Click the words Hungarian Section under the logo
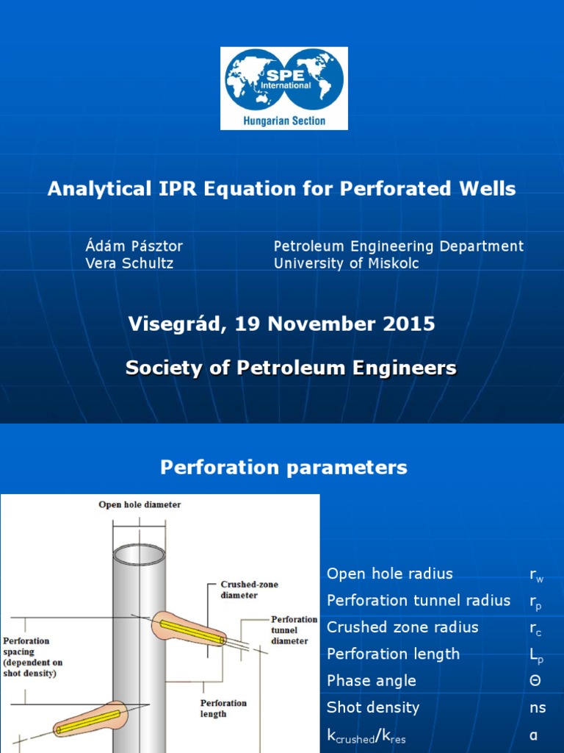tap(283, 121)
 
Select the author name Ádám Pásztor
tap(134, 246)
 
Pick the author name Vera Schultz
tap(129, 263)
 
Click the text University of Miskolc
tap(347, 263)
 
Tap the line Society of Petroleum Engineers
tap(291, 368)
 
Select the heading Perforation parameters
tap(283, 467)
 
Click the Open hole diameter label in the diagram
tap(140, 504)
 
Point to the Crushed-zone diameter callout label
tap(239, 590)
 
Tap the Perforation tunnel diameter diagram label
tap(294, 630)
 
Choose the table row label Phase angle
tap(371, 681)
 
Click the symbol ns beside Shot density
tap(538, 707)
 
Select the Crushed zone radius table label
tap(402, 627)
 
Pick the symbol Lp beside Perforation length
tap(536, 654)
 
